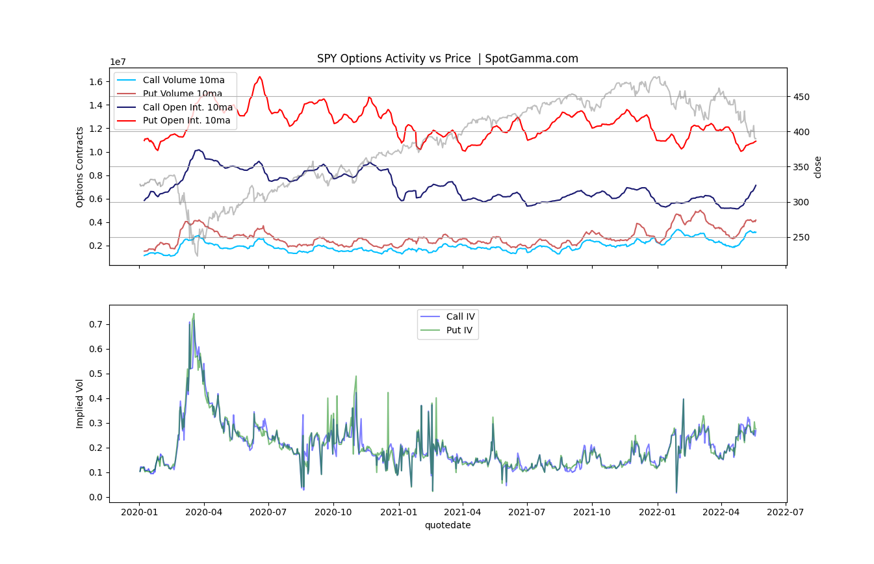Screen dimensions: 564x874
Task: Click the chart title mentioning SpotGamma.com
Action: tap(447, 58)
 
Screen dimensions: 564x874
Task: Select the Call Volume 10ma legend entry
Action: tap(183, 80)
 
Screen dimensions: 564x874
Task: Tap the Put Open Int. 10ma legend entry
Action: tap(186, 120)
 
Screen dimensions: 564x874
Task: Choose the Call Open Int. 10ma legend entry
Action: tap(187, 107)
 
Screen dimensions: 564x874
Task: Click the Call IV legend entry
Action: tap(460, 316)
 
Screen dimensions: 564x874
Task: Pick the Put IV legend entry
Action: tap(459, 330)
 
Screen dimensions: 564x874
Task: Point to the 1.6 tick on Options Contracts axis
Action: tap(96, 82)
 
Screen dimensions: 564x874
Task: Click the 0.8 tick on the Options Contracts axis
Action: tap(96, 175)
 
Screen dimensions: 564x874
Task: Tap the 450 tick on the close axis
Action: tap(802, 97)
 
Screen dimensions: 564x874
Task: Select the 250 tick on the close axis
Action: tap(802, 237)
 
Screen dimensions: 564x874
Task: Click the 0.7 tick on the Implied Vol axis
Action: tap(96, 324)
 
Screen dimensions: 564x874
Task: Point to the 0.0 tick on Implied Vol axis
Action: tap(96, 497)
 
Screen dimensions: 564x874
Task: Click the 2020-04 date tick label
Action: tap(204, 512)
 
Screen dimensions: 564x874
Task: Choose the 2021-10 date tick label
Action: tap(592, 512)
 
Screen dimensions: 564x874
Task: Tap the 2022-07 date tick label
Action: tap(786, 512)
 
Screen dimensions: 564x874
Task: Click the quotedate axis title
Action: tap(448, 525)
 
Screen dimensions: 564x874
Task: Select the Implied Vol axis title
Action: tap(80, 403)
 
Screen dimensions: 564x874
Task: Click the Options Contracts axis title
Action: tap(80, 166)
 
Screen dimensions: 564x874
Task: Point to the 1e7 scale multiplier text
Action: tap(118, 62)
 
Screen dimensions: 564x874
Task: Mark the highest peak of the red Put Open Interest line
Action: tap(260, 77)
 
